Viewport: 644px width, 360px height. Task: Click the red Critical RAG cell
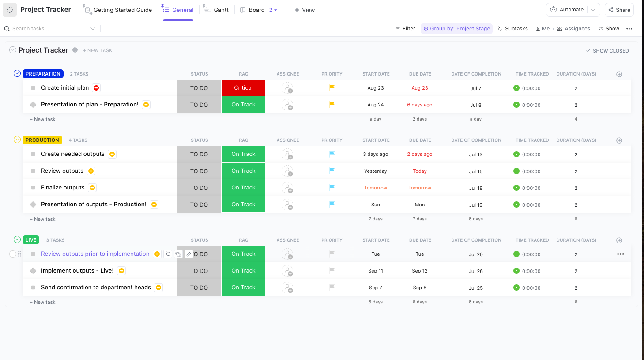(x=243, y=88)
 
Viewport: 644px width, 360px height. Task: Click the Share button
(x=619, y=10)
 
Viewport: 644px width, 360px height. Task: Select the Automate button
(x=567, y=10)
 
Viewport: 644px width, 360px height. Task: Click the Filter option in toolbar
(x=405, y=29)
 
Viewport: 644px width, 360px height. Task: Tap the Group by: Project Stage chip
(x=456, y=29)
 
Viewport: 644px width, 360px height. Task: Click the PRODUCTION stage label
(x=42, y=140)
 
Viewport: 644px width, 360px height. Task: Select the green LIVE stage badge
(x=31, y=240)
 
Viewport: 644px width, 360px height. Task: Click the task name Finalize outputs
(x=63, y=188)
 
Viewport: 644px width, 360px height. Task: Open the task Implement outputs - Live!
(x=77, y=271)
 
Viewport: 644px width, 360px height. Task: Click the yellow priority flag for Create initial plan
(x=332, y=87)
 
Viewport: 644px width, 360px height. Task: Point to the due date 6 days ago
(x=419, y=105)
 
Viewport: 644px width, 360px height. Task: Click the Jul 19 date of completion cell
(x=475, y=205)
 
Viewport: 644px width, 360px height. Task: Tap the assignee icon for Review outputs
(x=287, y=171)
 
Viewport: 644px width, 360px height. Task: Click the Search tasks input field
(x=49, y=29)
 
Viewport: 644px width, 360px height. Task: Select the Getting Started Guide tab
(x=122, y=10)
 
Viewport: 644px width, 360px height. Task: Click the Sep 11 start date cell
(x=375, y=271)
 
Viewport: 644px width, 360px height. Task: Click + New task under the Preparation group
(x=42, y=119)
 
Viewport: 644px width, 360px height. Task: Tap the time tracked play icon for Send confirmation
(x=516, y=288)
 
